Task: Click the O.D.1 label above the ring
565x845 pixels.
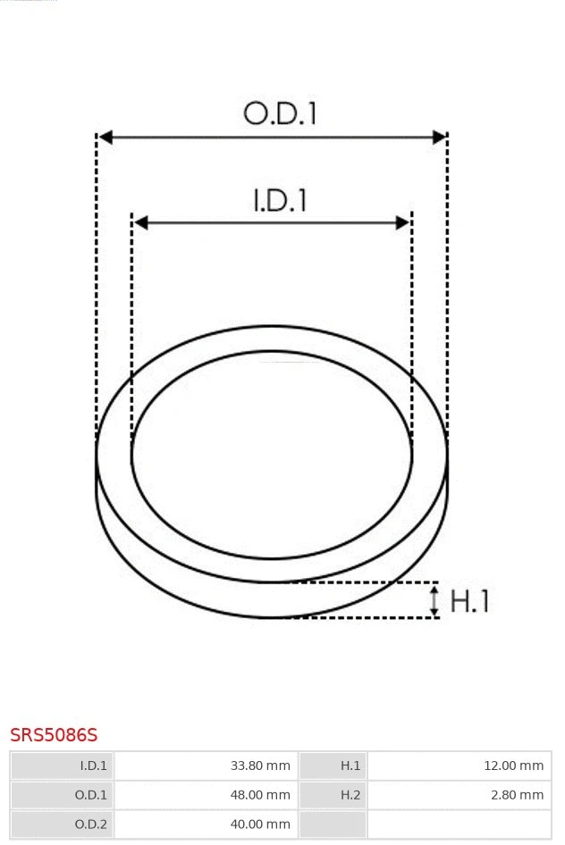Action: (280, 114)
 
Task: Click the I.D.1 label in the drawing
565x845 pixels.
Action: (280, 200)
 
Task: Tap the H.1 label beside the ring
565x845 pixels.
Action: (469, 601)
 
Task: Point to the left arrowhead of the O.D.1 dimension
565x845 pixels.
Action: (105, 138)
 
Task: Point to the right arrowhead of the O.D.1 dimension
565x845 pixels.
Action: (439, 138)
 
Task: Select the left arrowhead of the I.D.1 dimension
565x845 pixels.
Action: (140, 222)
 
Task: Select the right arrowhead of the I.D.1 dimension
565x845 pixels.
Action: (403, 222)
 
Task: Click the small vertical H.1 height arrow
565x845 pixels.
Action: (434, 600)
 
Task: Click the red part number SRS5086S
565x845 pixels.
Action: (54, 735)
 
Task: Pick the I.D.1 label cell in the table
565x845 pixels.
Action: (63, 766)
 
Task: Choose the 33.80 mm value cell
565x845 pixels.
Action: (205, 766)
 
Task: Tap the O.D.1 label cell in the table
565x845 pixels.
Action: (63, 795)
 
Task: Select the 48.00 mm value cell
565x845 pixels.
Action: (205, 795)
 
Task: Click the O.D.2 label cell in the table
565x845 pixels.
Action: (63, 824)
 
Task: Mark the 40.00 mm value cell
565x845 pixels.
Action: (205, 824)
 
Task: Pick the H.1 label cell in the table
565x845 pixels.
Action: (332, 766)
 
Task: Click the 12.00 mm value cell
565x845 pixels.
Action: (459, 766)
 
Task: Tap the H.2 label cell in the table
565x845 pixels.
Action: (332, 795)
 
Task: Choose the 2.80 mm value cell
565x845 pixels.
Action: (459, 795)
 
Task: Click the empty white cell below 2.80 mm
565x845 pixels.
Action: (459, 824)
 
